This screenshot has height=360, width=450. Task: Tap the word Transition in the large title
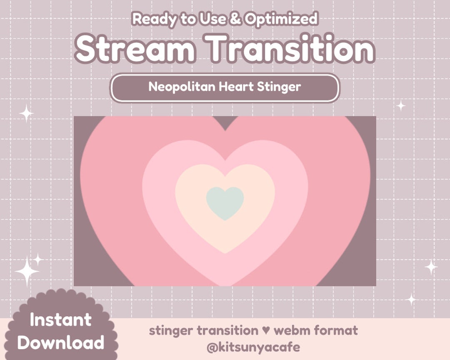(x=291, y=49)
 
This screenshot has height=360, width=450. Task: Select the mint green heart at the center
(x=225, y=202)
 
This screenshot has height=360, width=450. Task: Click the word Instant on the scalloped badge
(x=60, y=320)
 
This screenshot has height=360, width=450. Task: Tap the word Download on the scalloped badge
(x=61, y=343)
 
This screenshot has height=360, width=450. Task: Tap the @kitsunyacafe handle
(x=253, y=347)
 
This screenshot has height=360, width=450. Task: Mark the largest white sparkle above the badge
(x=27, y=271)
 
